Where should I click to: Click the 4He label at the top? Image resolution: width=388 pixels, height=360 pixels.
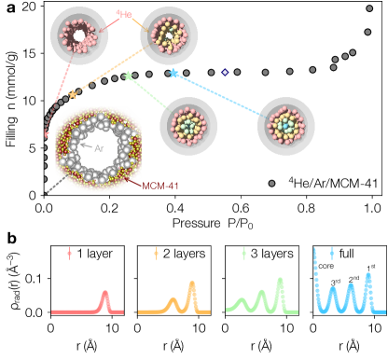tap(124, 14)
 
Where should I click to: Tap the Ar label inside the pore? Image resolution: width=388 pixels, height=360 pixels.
tap(99, 148)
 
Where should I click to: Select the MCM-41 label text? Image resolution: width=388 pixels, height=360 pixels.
tap(160, 186)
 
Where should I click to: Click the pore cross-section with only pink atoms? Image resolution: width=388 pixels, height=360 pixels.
tap(78, 35)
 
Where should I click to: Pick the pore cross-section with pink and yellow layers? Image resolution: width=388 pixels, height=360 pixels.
tap(169, 35)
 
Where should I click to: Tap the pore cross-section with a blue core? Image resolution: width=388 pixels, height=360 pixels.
tap(286, 125)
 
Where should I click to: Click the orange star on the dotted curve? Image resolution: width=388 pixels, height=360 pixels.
tap(73, 94)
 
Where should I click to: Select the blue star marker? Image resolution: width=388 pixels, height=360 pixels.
tap(173, 73)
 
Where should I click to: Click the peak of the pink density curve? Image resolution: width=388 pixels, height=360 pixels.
tap(104, 294)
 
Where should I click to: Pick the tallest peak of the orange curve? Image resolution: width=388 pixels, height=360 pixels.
tap(193, 284)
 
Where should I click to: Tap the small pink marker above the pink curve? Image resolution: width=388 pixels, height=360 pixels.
tap(70, 253)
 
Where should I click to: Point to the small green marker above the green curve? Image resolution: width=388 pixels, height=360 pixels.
tap(243, 253)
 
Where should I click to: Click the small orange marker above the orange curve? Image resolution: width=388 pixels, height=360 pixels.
tap(156, 253)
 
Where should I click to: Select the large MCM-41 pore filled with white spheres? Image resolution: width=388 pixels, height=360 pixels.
tap(98, 149)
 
